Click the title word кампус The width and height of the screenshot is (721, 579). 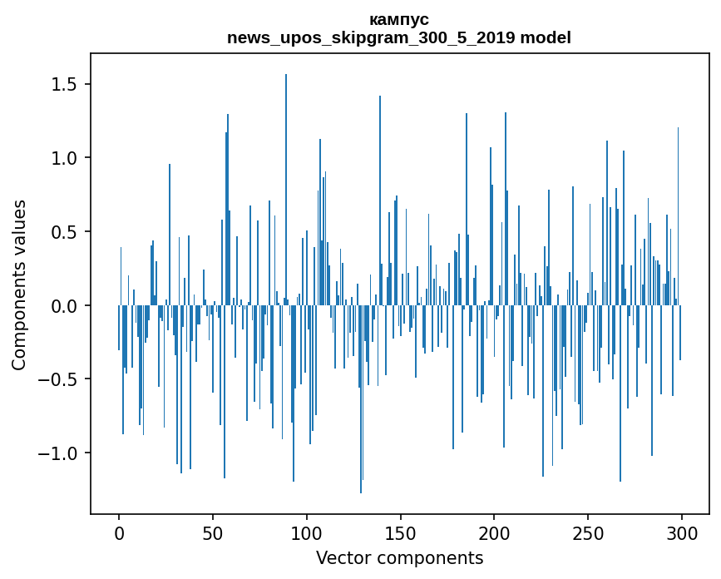[x=399, y=19]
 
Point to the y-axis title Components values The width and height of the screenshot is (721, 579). [x=19, y=285]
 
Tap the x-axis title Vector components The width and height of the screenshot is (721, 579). [x=399, y=557]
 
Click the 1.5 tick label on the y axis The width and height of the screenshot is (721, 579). [x=64, y=85]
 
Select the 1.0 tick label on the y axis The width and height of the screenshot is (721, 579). [x=64, y=158]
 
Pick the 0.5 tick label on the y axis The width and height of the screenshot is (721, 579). [x=64, y=232]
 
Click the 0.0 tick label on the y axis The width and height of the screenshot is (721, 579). [x=64, y=306]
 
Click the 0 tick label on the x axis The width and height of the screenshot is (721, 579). [x=119, y=532]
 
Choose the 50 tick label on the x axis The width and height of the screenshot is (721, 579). [x=213, y=532]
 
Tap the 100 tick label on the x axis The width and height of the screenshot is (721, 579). [x=306, y=532]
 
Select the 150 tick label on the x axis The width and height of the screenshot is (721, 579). [x=400, y=532]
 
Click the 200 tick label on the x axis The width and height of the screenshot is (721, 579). [x=494, y=532]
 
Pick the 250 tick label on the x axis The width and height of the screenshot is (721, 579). [x=588, y=532]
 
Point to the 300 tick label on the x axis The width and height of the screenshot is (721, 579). [x=681, y=532]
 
